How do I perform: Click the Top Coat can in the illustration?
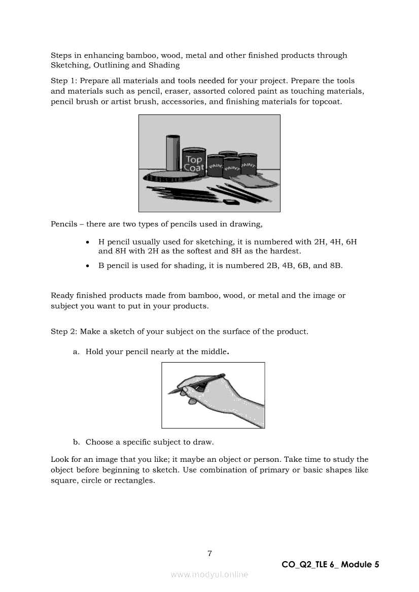[x=193, y=163]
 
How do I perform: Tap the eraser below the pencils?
[x=231, y=201]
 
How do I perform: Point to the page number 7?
[x=209, y=553]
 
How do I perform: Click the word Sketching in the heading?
[x=67, y=65]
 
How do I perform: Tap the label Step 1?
[x=64, y=81]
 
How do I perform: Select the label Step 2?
[x=64, y=332]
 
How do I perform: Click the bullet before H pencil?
[x=89, y=243]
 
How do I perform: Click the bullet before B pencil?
[x=89, y=266]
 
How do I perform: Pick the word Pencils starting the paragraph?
[x=64, y=224]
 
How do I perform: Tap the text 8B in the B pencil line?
[x=335, y=265]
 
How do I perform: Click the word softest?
[x=201, y=251]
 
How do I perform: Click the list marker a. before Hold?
[x=77, y=351]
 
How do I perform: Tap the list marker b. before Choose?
[x=77, y=442]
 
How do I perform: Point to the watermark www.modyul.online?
[x=209, y=575]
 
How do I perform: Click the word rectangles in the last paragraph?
[x=134, y=481]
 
